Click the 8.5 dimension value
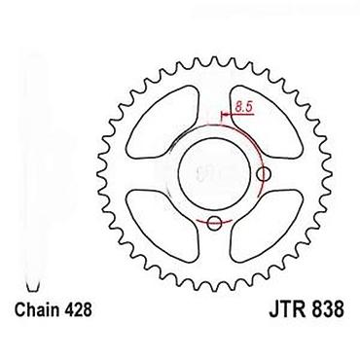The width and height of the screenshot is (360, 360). (243, 107)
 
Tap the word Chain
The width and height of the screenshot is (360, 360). (38, 309)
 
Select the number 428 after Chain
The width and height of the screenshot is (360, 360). (79, 309)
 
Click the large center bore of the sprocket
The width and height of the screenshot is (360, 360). (214, 172)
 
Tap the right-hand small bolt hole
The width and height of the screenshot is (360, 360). (264, 174)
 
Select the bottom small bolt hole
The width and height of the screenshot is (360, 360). (214, 223)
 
